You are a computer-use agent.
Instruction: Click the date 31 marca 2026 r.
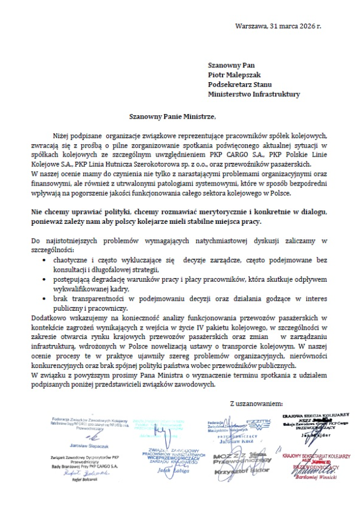point(295,27)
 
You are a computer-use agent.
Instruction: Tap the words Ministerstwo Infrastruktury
point(253,94)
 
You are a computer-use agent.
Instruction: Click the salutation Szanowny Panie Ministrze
point(169,116)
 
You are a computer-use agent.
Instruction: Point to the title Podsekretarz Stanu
point(238,84)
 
